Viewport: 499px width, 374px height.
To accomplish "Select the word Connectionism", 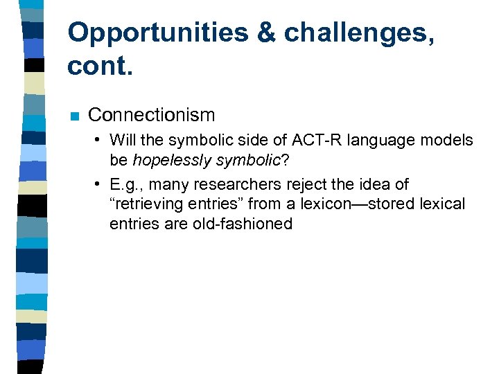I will pos(152,114).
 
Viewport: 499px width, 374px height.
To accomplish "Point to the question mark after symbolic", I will pos(284,160).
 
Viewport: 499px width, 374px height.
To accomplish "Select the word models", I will pos(449,141).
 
